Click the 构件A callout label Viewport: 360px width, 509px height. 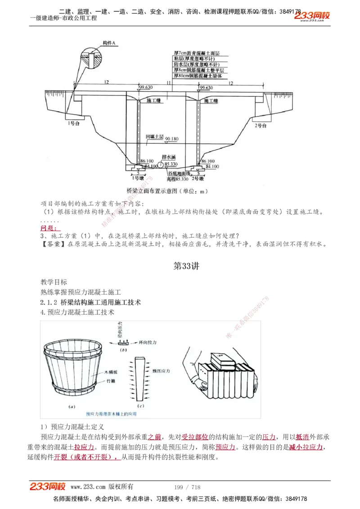(109, 43)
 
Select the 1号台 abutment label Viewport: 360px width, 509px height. (71, 123)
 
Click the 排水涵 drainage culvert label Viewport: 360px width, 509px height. (169, 158)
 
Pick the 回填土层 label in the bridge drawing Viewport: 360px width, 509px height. (154, 136)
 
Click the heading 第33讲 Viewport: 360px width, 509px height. (186, 266)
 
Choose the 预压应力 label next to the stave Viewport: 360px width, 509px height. (161, 371)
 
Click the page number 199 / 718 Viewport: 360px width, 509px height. (187, 487)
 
